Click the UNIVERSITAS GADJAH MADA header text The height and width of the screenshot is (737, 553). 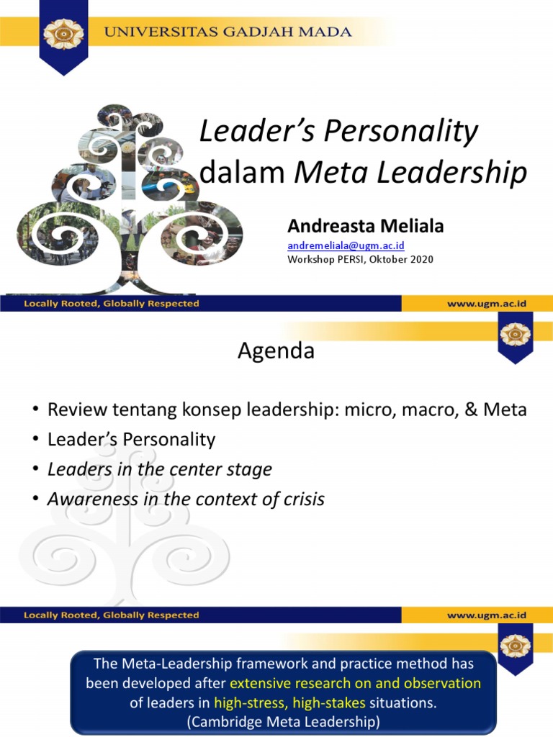click(229, 32)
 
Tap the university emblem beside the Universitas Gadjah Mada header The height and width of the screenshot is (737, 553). click(64, 33)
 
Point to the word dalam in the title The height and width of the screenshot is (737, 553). click(242, 173)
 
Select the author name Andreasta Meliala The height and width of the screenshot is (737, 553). click(366, 226)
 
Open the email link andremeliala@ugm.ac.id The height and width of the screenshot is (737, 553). click(346, 246)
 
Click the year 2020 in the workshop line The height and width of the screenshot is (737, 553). click(421, 259)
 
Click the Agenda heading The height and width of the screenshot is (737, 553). click(276, 351)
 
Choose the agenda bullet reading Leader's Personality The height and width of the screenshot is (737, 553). click(131, 439)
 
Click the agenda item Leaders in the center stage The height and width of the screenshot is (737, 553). click(159, 469)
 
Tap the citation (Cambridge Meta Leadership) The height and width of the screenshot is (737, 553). click(282, 721)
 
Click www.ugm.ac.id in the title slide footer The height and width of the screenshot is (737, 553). click(487, 304)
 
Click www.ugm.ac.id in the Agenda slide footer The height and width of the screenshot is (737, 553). click(487, 615)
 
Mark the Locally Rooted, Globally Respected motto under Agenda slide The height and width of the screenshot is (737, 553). click(112, 615)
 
